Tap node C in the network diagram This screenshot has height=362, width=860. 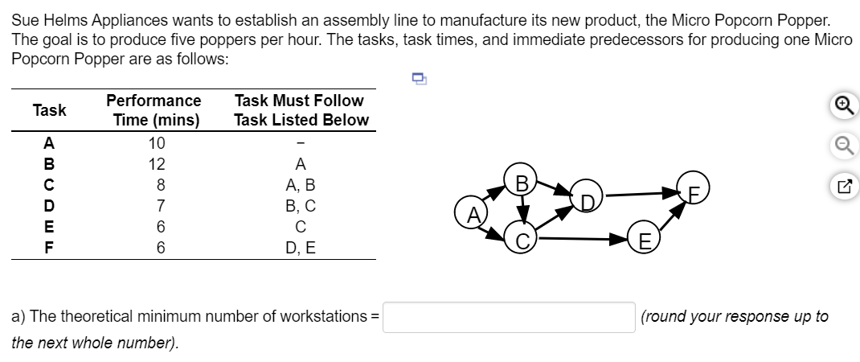point(521,237)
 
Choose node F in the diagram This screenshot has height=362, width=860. point(694,188)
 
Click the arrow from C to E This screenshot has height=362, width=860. point(583,238)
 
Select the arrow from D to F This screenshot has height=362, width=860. point(642,193)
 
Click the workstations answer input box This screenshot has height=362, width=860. point(509,317)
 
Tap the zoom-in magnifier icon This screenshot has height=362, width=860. point(845,105)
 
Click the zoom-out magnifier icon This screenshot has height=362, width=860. point(845,146)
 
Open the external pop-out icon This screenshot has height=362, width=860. point(845,187)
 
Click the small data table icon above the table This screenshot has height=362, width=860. point(419,79)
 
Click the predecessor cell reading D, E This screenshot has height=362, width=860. point(301,248)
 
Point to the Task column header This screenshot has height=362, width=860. point(49,110)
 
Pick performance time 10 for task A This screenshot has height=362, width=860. point(156,143)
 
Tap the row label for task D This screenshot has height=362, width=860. point(49,206)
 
